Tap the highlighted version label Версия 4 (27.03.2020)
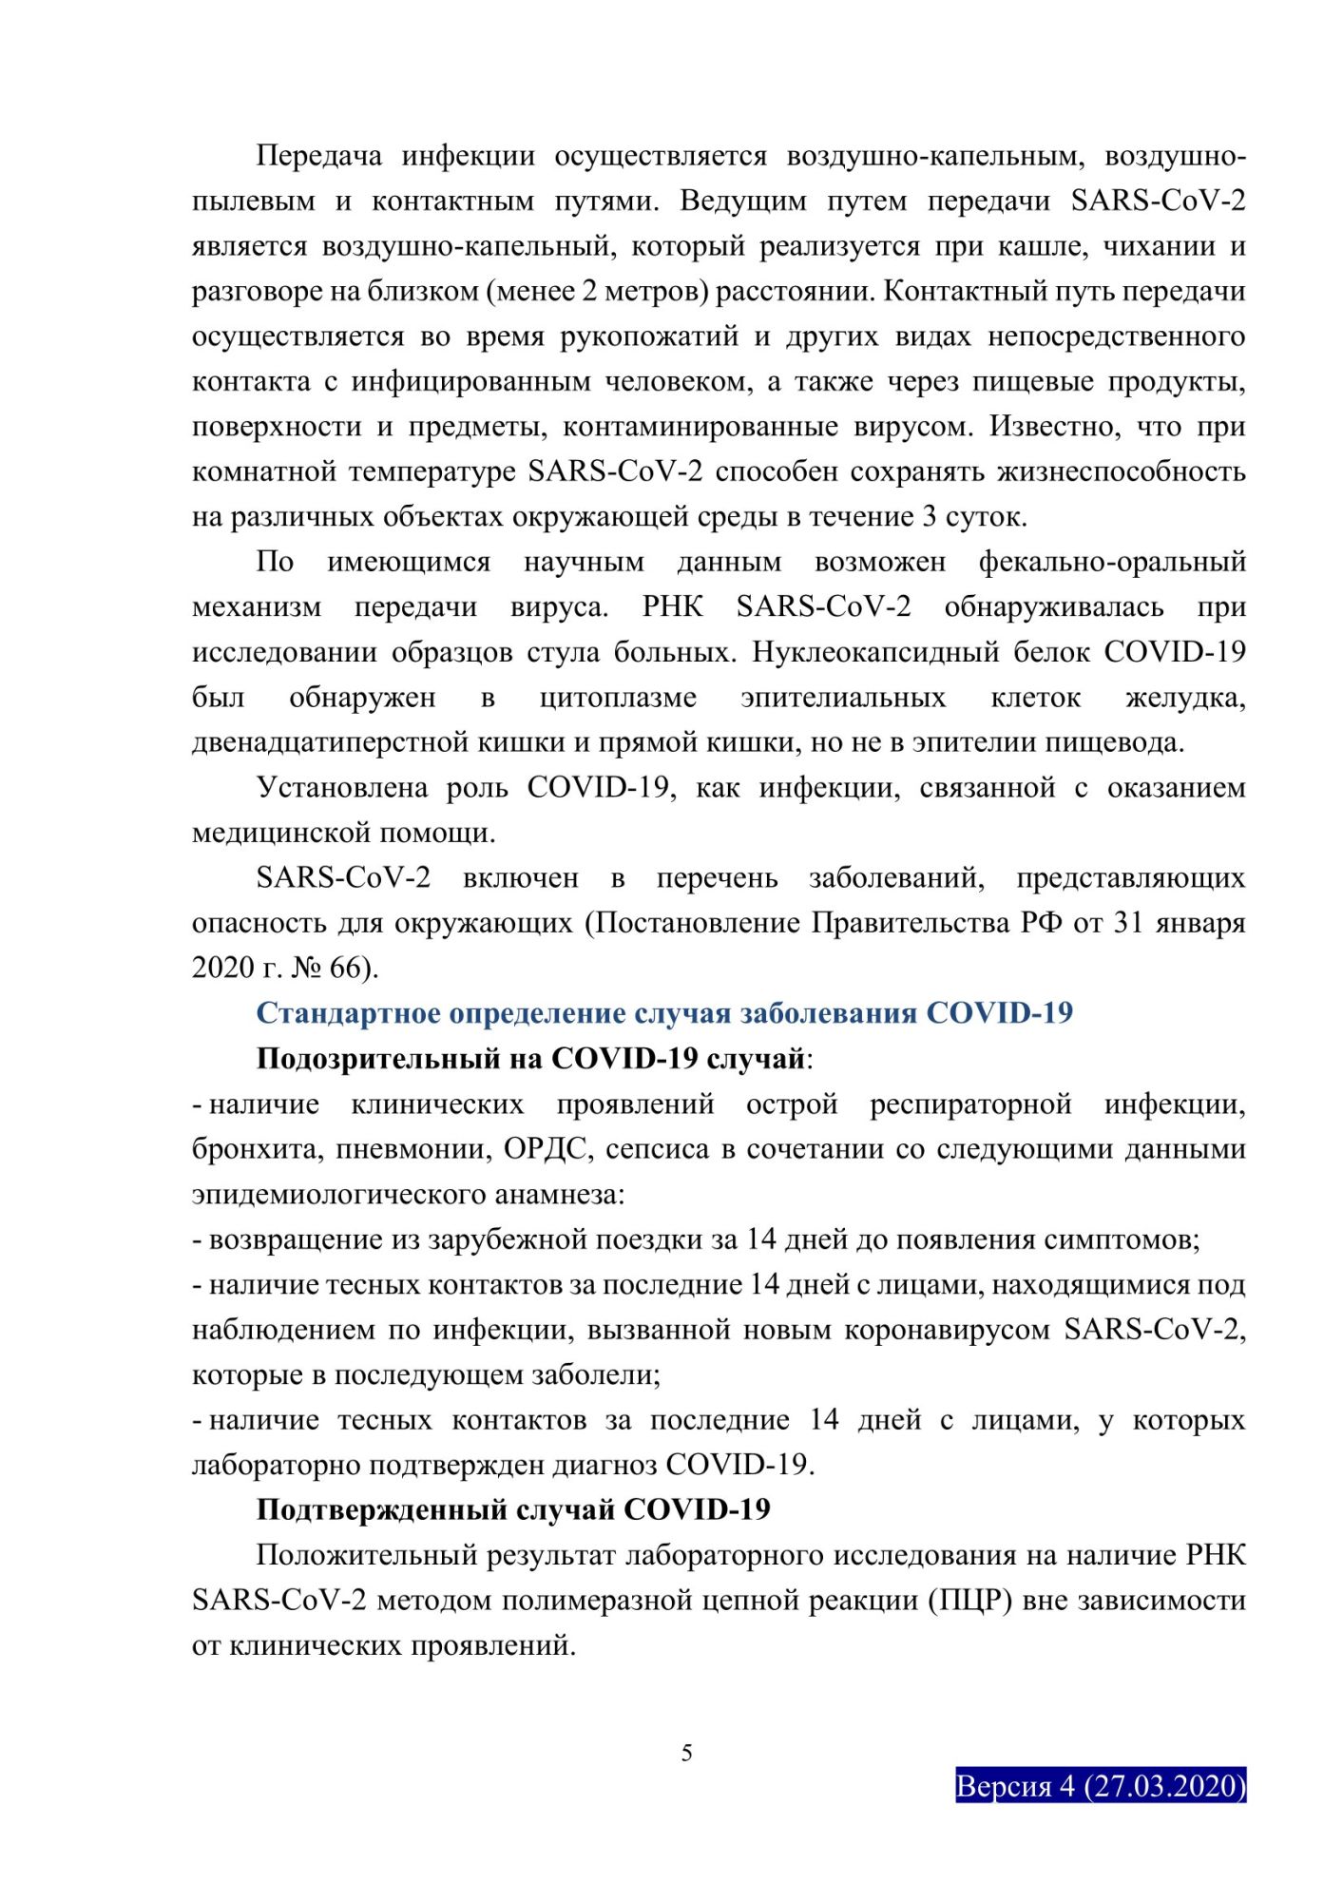coord(1100,1786)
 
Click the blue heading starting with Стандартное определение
coord(663,1013)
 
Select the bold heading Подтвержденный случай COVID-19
coord(513,1509)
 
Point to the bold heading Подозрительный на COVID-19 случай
coord(531,1058)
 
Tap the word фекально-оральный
coord(1112,562)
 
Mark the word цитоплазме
coord(618,698)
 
